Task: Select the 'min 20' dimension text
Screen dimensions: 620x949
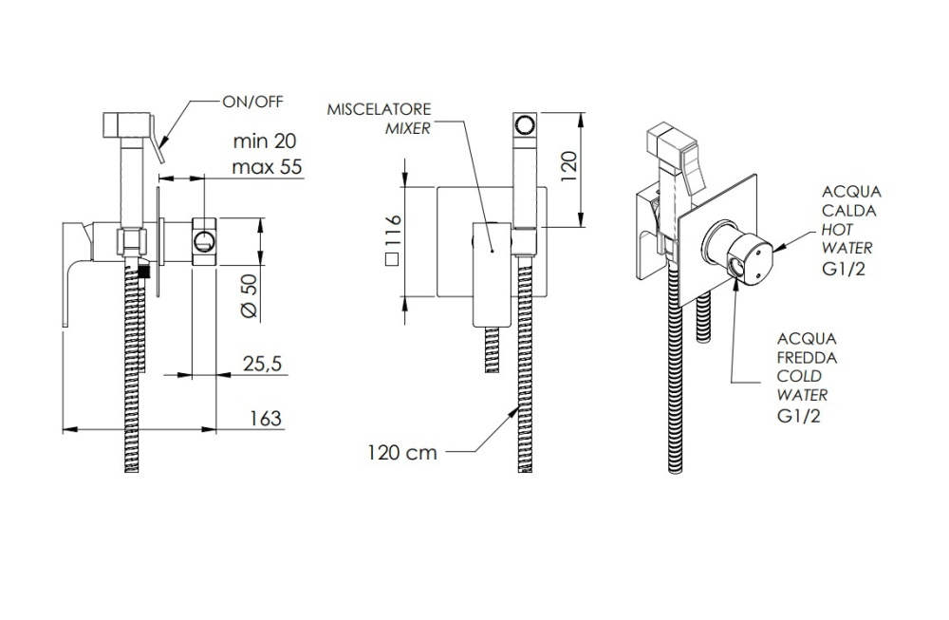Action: pyautogui.click(x=265, y=141)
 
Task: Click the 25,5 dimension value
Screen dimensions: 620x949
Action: pyautogui.click(x=261, y=364)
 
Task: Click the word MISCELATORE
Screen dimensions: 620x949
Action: pyautogui.click(x=379, y=109)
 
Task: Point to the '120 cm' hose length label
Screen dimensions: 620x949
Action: pyautogui.click(x=403, y=452)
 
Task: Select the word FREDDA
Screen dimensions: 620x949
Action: pyautogui.click(x=806, y=358)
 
